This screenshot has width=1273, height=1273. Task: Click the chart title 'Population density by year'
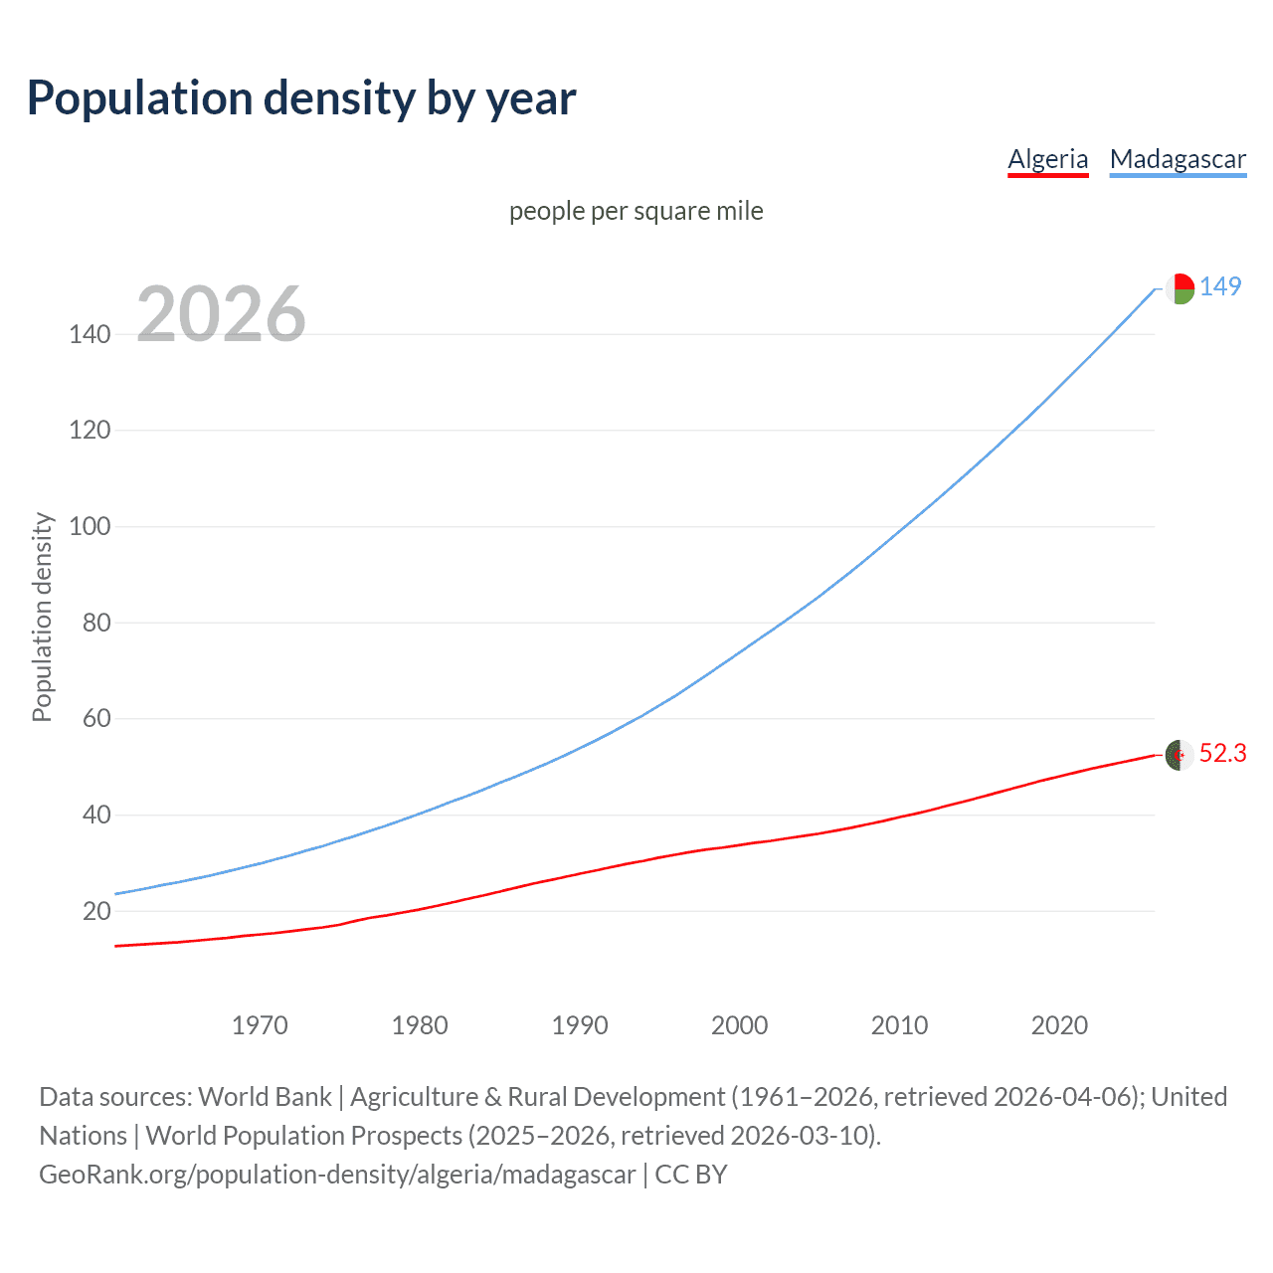(x=301, y=98)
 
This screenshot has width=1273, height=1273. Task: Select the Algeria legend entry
(x=1047, y=159)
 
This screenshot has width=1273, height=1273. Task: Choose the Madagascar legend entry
(x=1178, y=159)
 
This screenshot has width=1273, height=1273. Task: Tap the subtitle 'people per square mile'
(x=636, y=211)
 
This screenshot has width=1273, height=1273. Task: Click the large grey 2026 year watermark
(x=221, y=314)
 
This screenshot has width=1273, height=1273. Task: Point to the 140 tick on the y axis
(x=90, y=334)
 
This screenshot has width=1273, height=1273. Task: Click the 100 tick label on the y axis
(x=90, y=526)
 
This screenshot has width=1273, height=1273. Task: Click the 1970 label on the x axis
(x=260, y=1025)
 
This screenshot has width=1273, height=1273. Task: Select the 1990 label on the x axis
(x=580, y=1025)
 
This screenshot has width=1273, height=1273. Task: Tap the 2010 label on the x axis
(x=899, y=1025)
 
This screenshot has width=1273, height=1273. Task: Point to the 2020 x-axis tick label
(x=1059, y=1025)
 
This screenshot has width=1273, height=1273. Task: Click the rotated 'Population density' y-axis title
(x=42, y=617)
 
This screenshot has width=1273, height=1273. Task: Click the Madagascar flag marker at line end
(x=1180, y=288)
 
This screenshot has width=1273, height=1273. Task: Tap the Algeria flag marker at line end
(x=1180, y=755)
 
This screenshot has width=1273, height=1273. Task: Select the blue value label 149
(x=1220, y=286)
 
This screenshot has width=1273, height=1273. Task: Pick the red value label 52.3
(x=1222, y=754)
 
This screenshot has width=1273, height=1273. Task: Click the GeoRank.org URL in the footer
(x=337, y=1175)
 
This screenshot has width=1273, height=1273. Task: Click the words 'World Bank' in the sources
(x=265, y=1097)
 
